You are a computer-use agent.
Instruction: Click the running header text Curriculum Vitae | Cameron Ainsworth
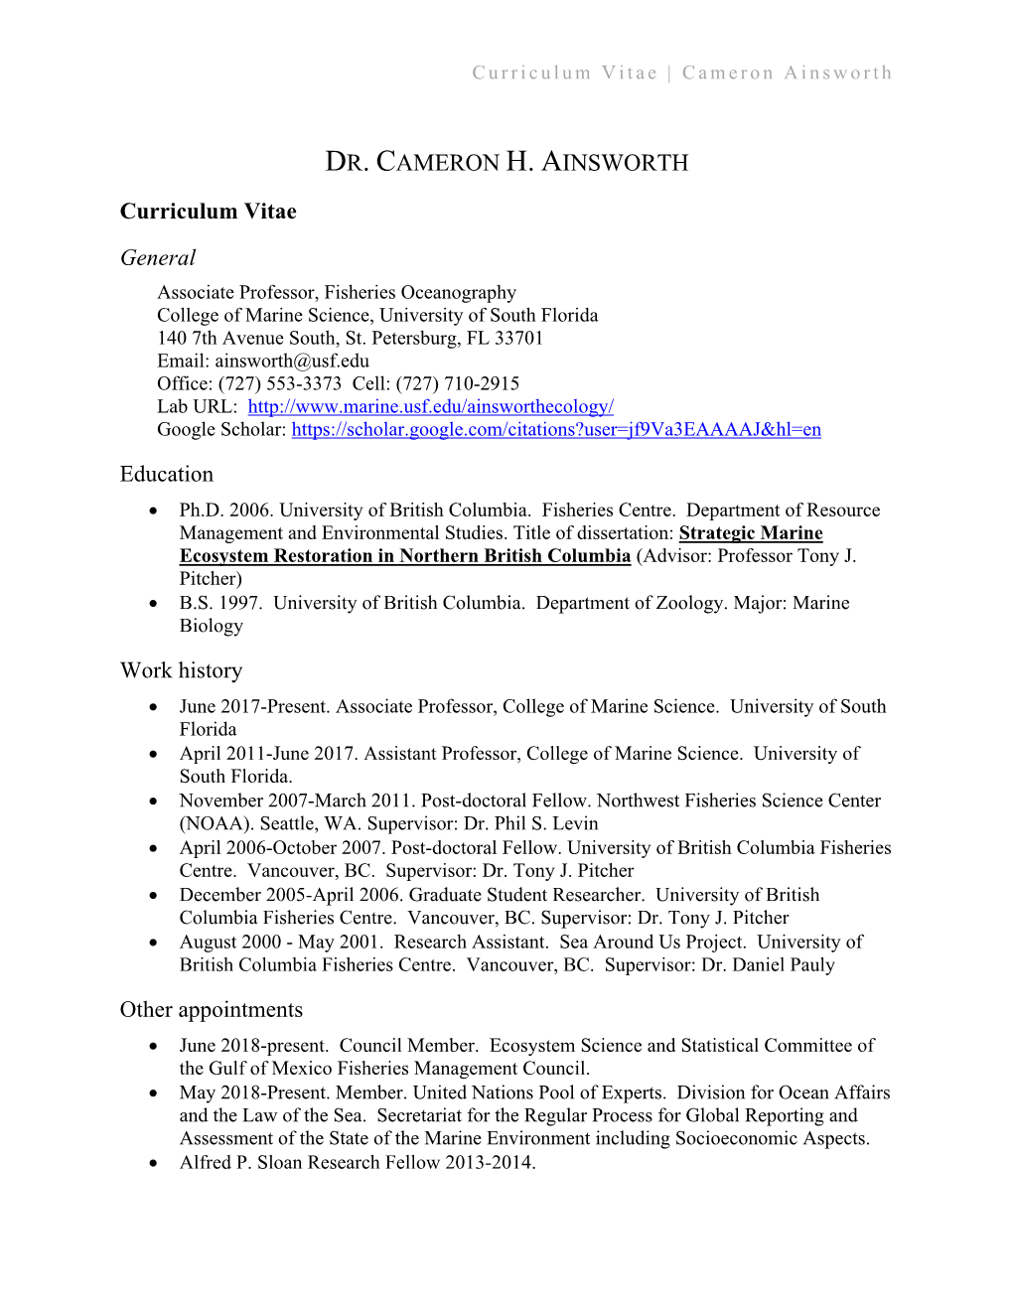pos(681,73)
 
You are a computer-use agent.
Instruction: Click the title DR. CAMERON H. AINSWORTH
pos(506,162)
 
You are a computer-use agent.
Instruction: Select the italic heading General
pos(158,258)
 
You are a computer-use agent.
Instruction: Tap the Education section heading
pos(167,475)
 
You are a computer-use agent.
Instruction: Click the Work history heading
pos(181,671)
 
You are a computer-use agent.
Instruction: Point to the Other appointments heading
pos(211,1010)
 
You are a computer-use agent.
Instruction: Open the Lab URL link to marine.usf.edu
pos(430,407)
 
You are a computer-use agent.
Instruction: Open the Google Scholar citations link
pos(556,430)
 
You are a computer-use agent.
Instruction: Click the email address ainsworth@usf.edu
pos(292,362)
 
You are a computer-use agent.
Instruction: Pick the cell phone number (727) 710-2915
pos(458,384)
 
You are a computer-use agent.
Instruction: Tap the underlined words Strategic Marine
pos(751,533)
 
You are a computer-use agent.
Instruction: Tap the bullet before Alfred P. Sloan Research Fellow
pos(153,1163)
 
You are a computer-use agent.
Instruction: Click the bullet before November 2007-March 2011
pos(153,801)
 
